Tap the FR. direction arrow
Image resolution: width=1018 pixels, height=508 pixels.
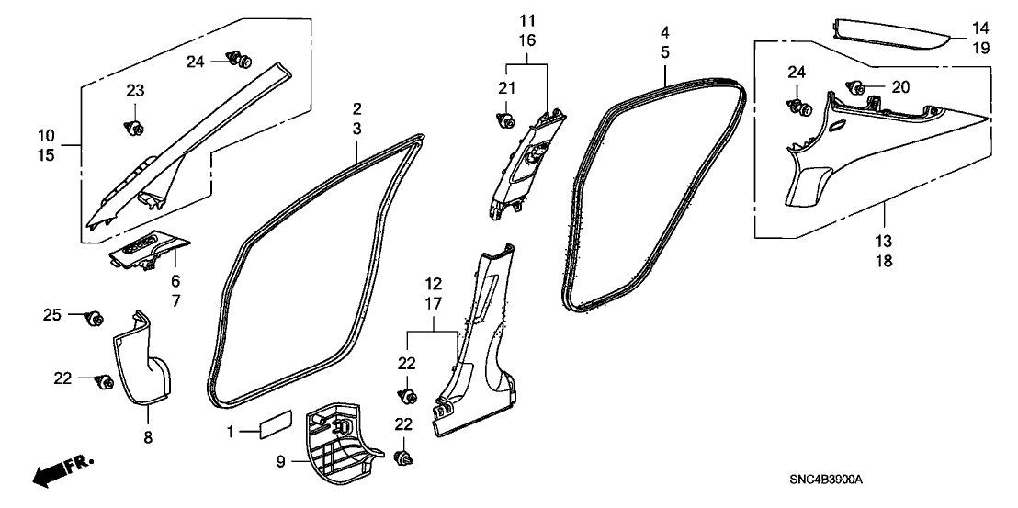(62, 470)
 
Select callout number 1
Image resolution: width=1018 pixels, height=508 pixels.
(232, 431)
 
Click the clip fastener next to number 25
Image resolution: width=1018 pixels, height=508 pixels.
(93, 318)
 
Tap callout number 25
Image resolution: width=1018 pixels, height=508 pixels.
(52, 315)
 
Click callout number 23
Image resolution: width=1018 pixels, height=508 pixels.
(135, 90)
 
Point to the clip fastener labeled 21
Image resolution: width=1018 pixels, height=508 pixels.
(505, 118)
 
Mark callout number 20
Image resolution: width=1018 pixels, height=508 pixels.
(899, 86)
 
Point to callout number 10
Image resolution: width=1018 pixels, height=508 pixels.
(46, 136)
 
